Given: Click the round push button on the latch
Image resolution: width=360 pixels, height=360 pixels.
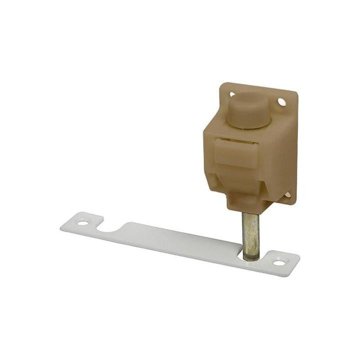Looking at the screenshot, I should [248, 108].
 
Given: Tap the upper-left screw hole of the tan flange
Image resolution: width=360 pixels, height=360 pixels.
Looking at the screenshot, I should [231, 93].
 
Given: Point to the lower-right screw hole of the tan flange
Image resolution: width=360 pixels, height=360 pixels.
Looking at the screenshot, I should [287, 194].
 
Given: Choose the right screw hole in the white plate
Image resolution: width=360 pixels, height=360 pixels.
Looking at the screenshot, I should [279, 262].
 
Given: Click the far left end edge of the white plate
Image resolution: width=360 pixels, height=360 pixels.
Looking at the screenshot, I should [61, 227].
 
